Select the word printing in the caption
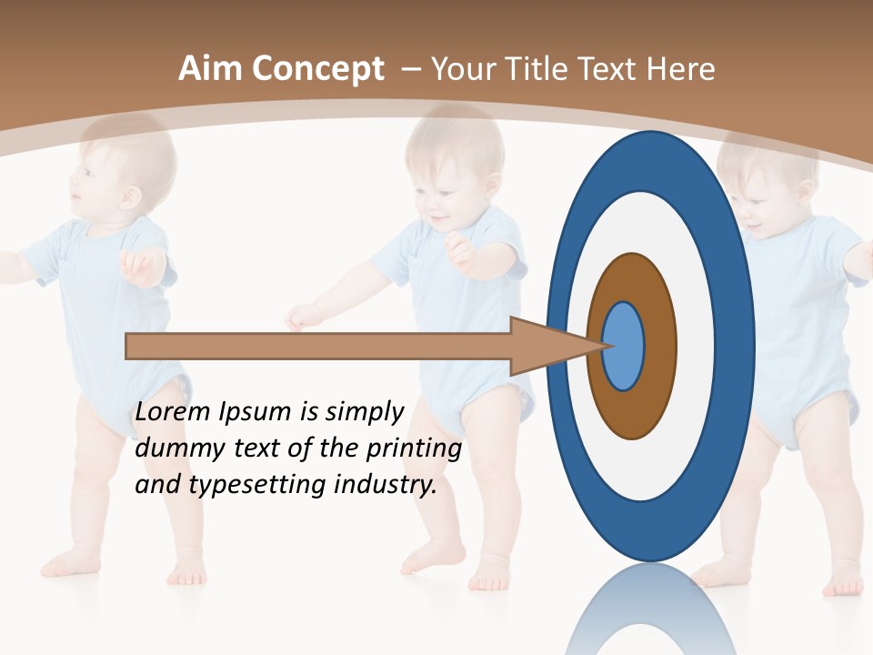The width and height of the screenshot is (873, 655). coord(414,448)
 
